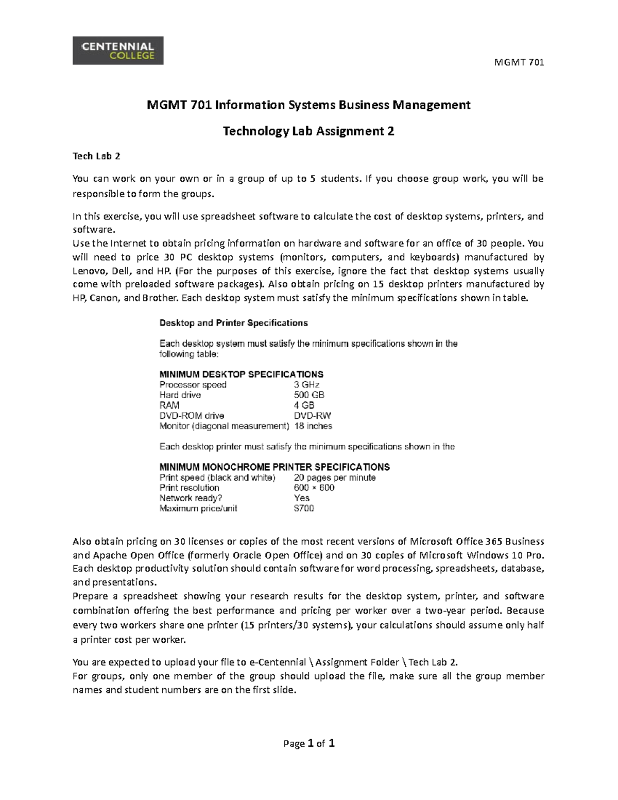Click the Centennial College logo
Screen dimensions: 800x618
[x=118, y=50]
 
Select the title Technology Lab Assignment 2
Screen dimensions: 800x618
[x=308, y=131]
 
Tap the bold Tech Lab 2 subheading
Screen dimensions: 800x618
[x=96, y=156]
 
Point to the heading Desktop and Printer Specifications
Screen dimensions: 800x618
[x=233, y=323]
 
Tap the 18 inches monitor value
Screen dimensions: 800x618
[x=313, y=426]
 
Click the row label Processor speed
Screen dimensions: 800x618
[x=193, y=385]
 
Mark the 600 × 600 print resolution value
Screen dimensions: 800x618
[x=314, y=488]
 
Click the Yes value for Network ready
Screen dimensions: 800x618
[x=302, y=498]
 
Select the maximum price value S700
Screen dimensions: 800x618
[x=304, y=508]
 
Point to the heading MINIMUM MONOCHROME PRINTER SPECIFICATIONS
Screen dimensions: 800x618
[x=274, y=467]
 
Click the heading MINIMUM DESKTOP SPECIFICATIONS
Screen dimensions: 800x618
[x=242, y=375]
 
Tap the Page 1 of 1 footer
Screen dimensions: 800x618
[x=309, y=743]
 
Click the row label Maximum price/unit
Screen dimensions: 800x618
[x=198, y=508]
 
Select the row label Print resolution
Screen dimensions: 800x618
[x=190, y=488]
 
